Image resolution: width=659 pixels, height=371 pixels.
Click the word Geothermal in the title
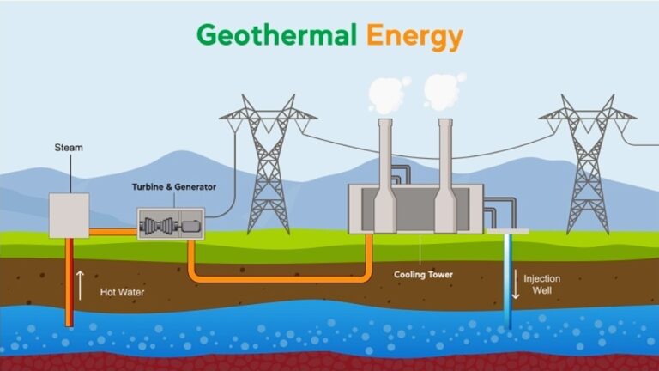point(276,35)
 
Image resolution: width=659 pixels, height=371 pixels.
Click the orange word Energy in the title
point(414,38)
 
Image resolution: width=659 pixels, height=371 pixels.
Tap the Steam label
point(69,148)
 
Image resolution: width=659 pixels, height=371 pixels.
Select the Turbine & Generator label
point(174,186)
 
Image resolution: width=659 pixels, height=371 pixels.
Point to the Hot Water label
point(122,292)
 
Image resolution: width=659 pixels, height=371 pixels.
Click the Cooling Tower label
point(423,275)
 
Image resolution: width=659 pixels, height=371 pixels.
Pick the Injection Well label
point(541,284)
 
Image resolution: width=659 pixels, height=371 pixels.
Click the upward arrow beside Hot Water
point(80,286)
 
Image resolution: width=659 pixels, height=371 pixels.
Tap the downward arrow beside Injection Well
point(516,284)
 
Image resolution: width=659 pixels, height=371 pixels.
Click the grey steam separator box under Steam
point(69,216)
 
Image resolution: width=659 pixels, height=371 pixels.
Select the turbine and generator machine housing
point(171,224)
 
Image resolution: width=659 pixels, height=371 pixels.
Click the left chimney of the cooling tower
point(385,176)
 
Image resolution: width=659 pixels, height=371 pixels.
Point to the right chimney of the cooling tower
point(445,176)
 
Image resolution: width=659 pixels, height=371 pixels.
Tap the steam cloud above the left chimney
point(388,95)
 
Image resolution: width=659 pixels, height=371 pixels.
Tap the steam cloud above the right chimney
point(444,92)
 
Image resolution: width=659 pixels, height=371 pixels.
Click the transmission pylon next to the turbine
point(268,164)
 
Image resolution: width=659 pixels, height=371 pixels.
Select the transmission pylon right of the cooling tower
point(588,164)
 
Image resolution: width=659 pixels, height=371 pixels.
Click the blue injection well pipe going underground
point(508,281)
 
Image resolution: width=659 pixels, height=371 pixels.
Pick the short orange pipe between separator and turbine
point(113,232)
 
